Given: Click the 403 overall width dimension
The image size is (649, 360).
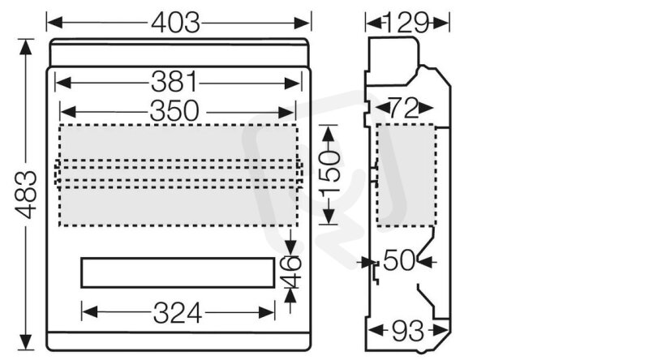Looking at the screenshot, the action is (176, 23).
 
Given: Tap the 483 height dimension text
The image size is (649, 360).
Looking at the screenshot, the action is (26, 195).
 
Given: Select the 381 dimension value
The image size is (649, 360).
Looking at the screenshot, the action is (174, 82).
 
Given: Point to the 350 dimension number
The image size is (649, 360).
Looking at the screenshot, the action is (174, 111).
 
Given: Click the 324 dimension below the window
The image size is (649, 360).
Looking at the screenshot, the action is (177, 313).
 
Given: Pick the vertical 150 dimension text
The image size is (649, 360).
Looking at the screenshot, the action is (330, 173).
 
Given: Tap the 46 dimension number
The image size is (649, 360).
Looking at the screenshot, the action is (291, 272).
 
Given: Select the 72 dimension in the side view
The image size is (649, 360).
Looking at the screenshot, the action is (404, 109).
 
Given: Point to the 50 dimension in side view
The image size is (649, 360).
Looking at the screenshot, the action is (399, 261).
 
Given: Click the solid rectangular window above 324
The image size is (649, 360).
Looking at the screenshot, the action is (178, 272).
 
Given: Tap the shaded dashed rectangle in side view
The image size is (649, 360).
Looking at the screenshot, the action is (406, 174).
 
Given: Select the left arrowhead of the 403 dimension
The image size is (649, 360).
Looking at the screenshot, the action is (54, 23).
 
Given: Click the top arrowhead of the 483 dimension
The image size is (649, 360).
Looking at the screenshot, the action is (26, 47).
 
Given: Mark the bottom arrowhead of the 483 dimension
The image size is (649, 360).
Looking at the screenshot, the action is (26, 342).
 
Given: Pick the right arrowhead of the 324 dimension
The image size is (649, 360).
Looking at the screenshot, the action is (267, 312).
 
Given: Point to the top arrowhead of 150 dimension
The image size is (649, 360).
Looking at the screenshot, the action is (329, 133).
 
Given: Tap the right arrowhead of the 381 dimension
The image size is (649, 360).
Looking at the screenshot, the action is (293, 84).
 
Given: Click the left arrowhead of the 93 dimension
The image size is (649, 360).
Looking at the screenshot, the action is (375, 330).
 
